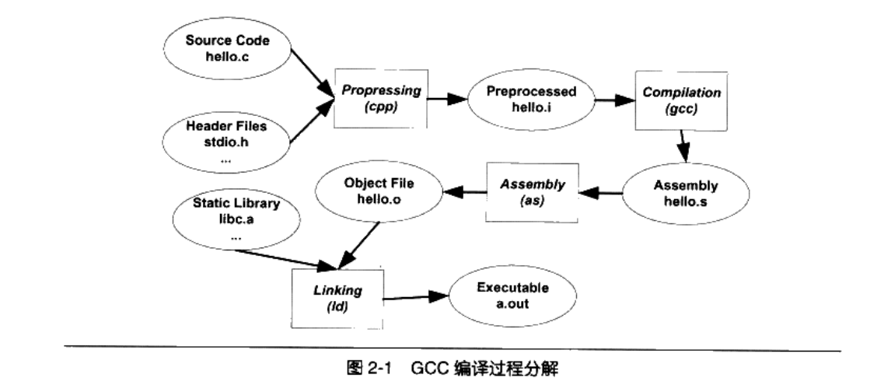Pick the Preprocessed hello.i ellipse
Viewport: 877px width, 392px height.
531,99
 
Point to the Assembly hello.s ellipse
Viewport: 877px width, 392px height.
686,194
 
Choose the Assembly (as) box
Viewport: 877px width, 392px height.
533,192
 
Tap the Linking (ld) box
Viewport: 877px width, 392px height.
335,297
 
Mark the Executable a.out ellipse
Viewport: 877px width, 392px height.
512,296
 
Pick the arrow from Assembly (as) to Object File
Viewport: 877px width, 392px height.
460,192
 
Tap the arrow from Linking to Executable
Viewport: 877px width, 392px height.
417,296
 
